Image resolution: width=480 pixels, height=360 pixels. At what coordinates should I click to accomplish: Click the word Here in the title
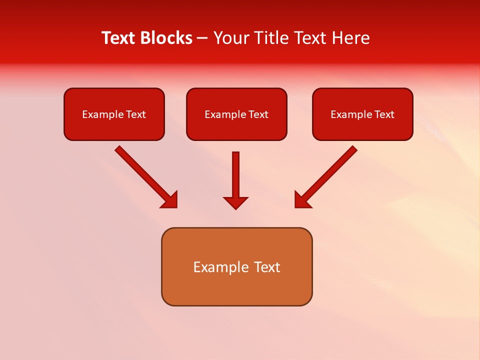point(350,38)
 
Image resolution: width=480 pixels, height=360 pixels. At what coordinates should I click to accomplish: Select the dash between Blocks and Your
point(202,38)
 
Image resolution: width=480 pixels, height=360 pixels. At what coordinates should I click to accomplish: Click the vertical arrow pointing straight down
point(235,175)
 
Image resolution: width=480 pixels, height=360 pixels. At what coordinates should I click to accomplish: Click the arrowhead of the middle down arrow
point(235,202)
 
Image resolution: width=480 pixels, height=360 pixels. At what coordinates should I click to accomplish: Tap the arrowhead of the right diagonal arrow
point(302,200)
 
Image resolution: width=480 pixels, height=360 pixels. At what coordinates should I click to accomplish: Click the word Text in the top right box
point(384,114)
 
